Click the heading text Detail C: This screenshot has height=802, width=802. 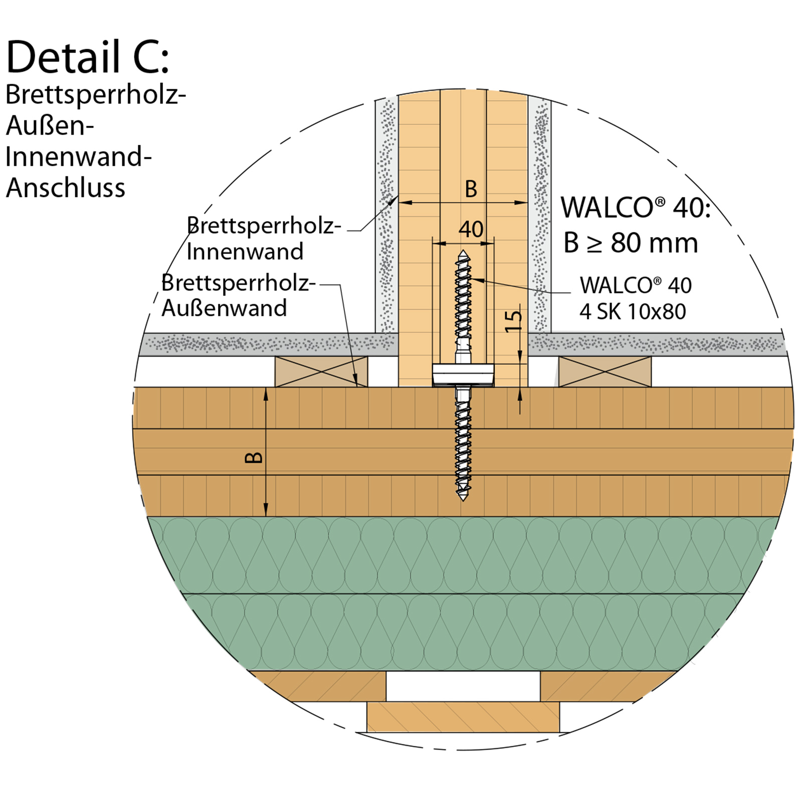coord(88,57)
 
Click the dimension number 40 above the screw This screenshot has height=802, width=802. coord(471,230)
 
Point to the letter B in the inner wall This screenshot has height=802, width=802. coord(471,189)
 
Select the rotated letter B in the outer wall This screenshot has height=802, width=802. coord(254,457)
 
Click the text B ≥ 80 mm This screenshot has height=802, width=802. coord(631,243)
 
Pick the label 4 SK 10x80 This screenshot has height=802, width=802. coord(633,312)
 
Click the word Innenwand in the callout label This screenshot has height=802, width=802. coord(245,252)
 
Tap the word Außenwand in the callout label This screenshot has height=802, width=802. coord(224,308)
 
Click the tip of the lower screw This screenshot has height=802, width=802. coord(463,499)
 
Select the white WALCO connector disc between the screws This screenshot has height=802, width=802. coord(463,374)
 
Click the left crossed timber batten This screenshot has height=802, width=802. coord(321,371)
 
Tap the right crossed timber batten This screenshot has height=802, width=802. coord(605,371)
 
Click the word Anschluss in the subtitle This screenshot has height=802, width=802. coord(65,188)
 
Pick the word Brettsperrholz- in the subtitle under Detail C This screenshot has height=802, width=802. coord(95,94)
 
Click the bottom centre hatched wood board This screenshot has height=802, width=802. coord(463,717)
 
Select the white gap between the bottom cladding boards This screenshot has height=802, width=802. coord(463,686)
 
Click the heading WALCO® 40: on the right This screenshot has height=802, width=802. coord(635,207)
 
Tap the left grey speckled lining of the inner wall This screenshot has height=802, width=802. coord(386,216)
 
